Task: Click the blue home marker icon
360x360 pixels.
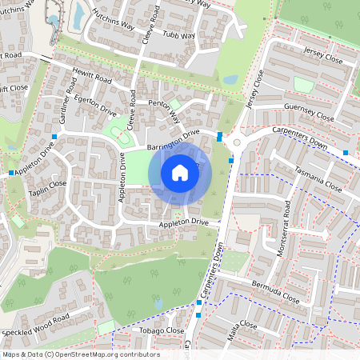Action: coord(180,173)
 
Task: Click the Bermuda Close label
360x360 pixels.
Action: coord(274,292)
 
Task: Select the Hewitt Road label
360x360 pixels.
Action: coord(91,76)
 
